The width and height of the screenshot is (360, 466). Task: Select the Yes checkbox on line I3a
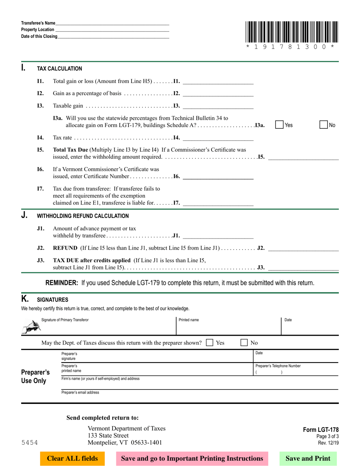point(279,125)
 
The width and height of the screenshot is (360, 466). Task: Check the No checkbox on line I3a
point(324,125)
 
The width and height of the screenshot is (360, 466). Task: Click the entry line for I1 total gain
point(218,81)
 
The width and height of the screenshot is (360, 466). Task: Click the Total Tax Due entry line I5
point(303,157)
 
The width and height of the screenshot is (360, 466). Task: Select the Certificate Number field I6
point(218,176)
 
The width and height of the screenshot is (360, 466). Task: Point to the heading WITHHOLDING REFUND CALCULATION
point(83,216)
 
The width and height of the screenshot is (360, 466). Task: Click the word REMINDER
point(62,283)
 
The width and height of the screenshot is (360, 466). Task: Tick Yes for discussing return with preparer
point(210,343)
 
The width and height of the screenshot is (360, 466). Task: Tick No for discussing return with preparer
point(245,343)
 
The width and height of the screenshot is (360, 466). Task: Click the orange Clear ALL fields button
point(72,458)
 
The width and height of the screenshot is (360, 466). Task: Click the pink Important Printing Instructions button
point(192,458)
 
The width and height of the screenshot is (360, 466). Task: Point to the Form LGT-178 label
point(321,430)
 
